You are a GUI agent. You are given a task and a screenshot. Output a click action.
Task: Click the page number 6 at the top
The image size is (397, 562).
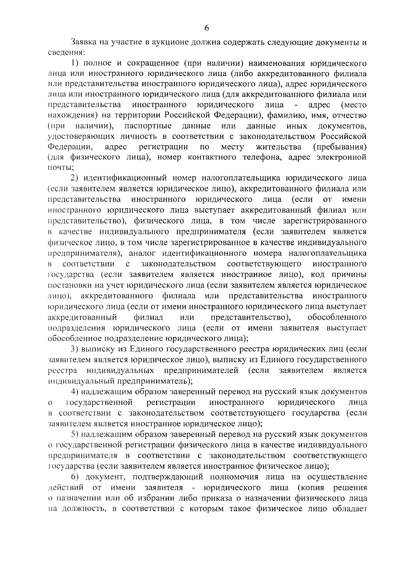(206, 28)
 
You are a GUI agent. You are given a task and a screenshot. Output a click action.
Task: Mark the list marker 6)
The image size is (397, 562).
(76, 477)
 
